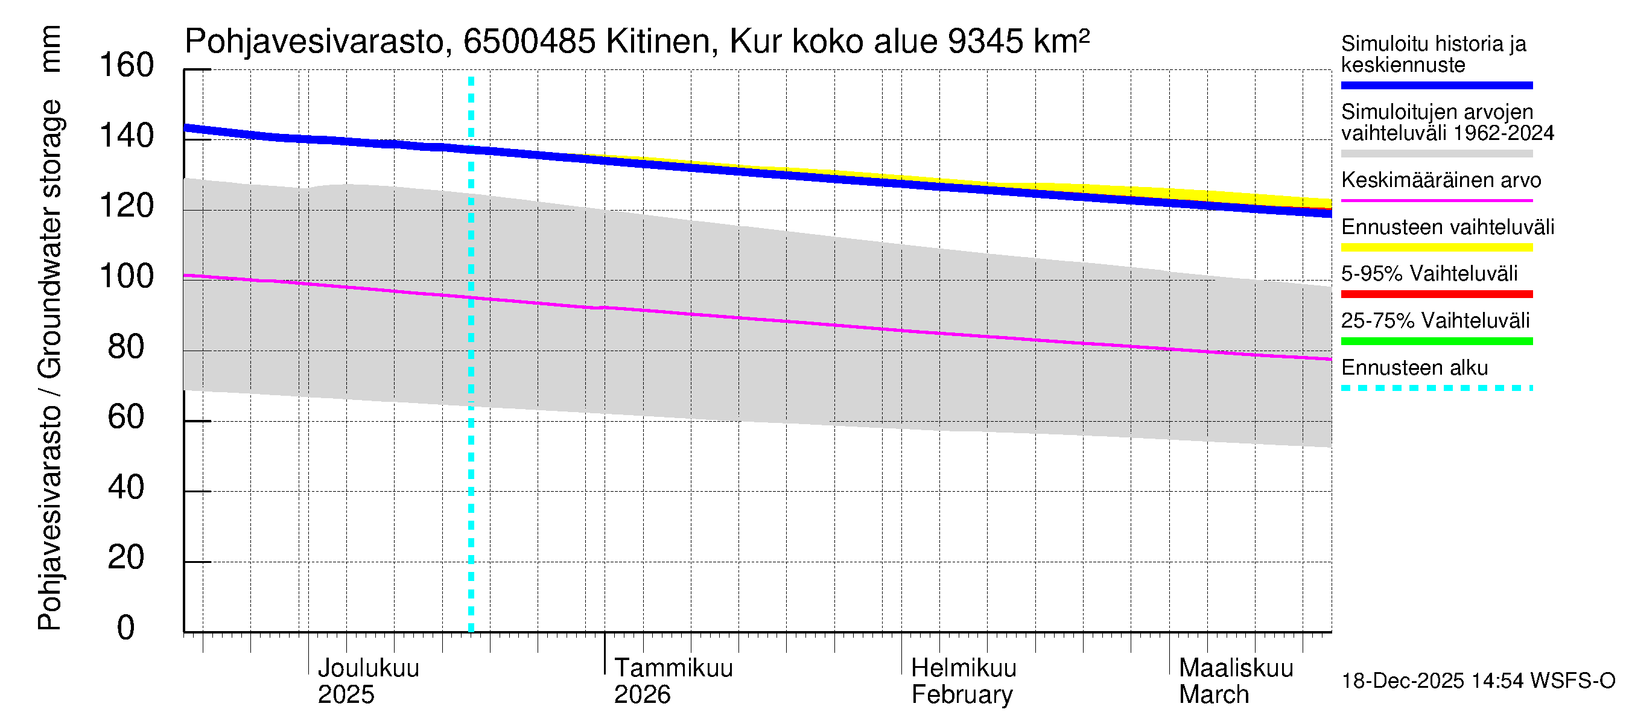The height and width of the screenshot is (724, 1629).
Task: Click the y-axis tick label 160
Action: tap(127, 66)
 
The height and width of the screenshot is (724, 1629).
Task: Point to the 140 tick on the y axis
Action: tap(127, 136)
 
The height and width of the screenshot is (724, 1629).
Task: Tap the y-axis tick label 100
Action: tap(127, 276)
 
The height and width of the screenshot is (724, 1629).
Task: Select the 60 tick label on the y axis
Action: tap(127, 418)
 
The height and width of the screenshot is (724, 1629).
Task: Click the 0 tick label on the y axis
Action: tap(126, 628)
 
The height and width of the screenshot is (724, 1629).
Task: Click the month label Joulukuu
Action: tap(368, 668)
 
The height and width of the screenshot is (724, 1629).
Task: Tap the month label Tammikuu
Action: tap(673, 668)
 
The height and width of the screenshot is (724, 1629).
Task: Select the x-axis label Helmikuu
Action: tap(964, 668)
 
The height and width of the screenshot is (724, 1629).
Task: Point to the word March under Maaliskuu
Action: tap(1214, 695)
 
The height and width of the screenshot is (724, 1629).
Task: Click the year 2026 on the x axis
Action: tap(642, 695)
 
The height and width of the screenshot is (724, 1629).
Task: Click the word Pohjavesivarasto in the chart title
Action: tap(315, 42)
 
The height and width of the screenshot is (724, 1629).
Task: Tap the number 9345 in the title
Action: tap(986, 42)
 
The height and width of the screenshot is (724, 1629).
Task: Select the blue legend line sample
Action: tap(1437, 85)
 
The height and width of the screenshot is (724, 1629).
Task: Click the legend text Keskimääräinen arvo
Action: tap(1441, 180)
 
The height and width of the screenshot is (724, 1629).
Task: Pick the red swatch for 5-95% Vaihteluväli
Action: tap(1437, 294)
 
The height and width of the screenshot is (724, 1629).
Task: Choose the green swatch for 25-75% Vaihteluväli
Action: tap(1437, 341)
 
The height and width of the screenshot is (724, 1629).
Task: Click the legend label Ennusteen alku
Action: tap(1415, 368)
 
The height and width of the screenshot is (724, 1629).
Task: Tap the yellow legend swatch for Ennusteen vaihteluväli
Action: tap(1437, 247)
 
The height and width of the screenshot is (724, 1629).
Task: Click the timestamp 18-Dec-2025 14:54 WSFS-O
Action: tap(1478, 681)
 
